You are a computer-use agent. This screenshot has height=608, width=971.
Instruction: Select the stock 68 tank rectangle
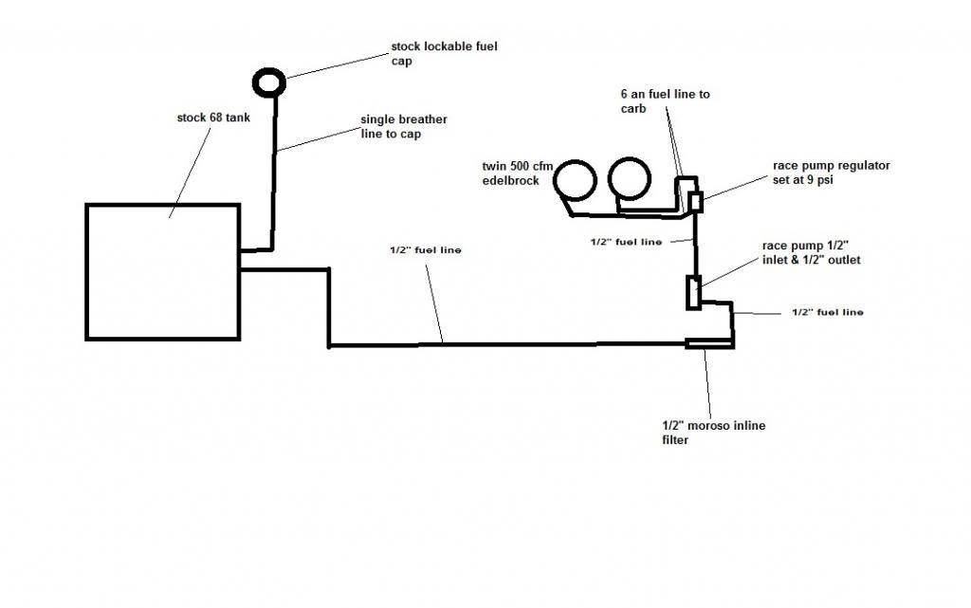pos(162,271)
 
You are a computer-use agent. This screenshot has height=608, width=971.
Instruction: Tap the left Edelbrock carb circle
pos(576,180)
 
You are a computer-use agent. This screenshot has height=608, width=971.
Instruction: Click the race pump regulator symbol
pos(696,201)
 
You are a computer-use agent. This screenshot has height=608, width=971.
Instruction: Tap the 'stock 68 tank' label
pos(211,119)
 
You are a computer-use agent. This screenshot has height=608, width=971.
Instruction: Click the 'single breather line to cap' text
pos(403,127)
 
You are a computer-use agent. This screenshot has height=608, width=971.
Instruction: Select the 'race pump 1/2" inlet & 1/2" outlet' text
pos(811,252)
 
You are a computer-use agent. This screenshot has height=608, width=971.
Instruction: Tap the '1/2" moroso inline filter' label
pos(712,433)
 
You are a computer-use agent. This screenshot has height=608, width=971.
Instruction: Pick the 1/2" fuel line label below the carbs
pos(625,242)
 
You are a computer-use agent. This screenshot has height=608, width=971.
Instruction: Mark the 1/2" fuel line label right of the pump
pos(827,311)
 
